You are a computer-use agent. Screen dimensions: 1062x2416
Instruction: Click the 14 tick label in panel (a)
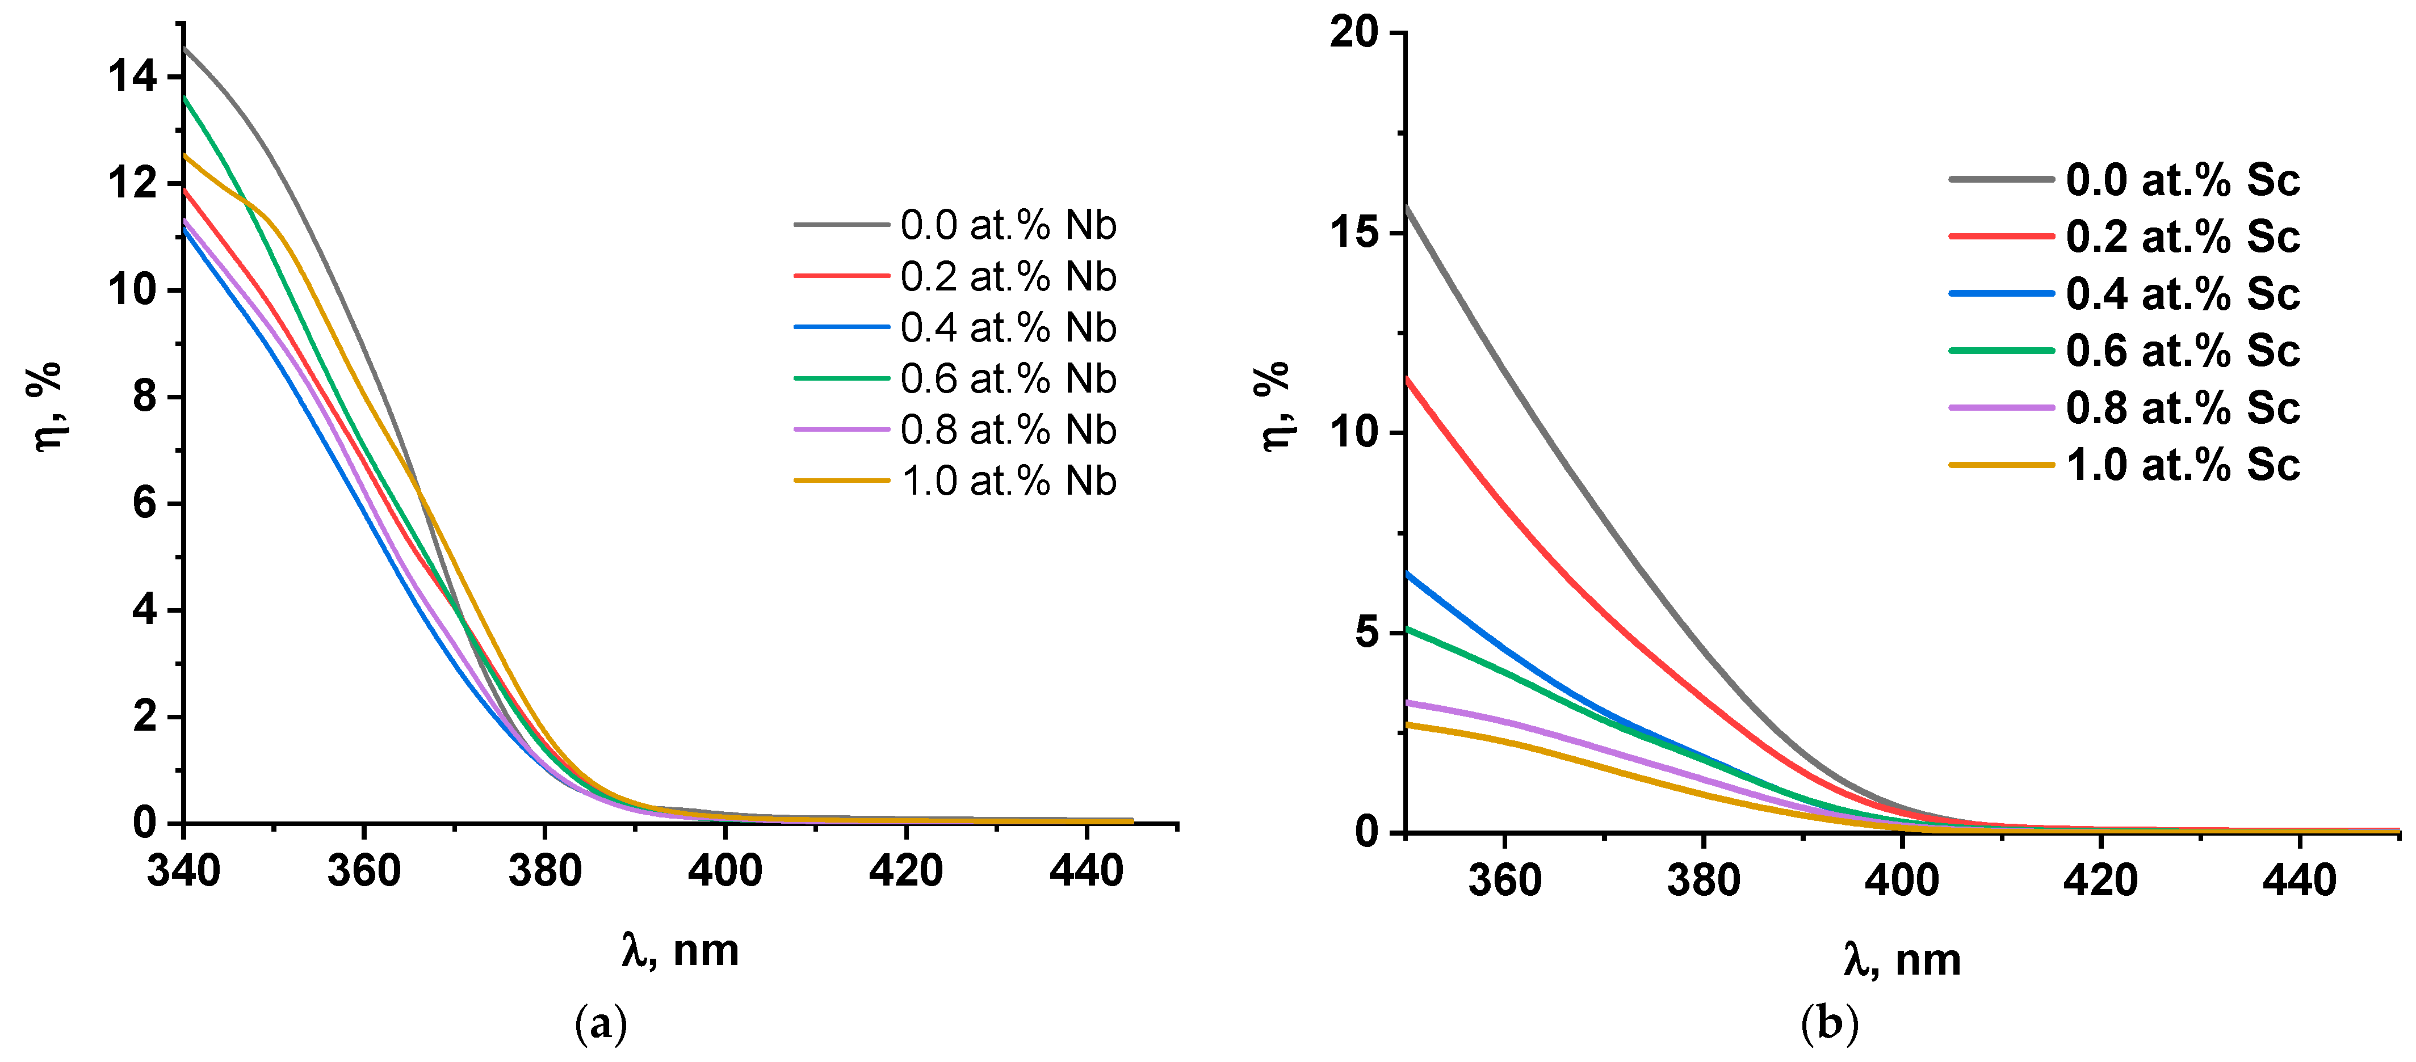tap(132, 76)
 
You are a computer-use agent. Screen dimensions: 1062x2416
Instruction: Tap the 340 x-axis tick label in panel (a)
tap(184, 871)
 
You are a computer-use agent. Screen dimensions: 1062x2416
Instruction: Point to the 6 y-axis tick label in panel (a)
tap(144, 503)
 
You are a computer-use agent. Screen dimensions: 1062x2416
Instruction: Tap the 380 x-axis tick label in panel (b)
tap(1703, 880)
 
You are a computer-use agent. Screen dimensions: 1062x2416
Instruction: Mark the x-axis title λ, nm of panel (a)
tap(680, 950)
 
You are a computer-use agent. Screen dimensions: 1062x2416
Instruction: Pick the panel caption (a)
tap(600, 1023)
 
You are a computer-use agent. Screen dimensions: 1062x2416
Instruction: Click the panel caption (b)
tap(1829, 1023)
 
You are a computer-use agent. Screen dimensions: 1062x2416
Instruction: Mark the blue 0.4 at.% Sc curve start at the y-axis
tap(1408, 574)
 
